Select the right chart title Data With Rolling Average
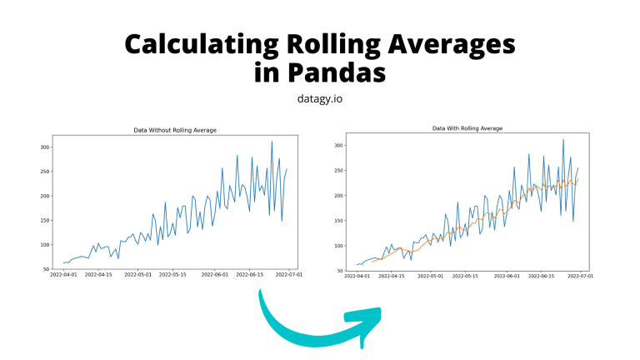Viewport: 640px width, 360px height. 467,129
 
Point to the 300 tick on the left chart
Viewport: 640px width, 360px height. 44,147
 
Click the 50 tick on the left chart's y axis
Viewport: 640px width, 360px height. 47,269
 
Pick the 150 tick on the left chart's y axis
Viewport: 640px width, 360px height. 44,221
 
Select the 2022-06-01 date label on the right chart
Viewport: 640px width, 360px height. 506,277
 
